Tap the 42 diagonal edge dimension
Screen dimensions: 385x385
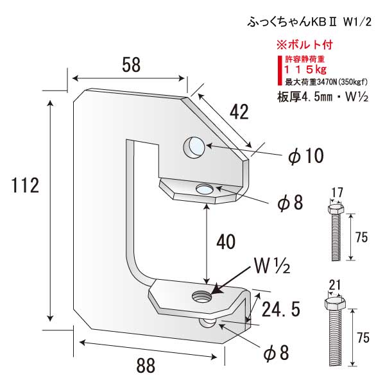click(238, 112)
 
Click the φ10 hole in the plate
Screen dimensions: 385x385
click(194, 148)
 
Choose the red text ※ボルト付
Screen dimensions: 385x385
click(304, 46)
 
